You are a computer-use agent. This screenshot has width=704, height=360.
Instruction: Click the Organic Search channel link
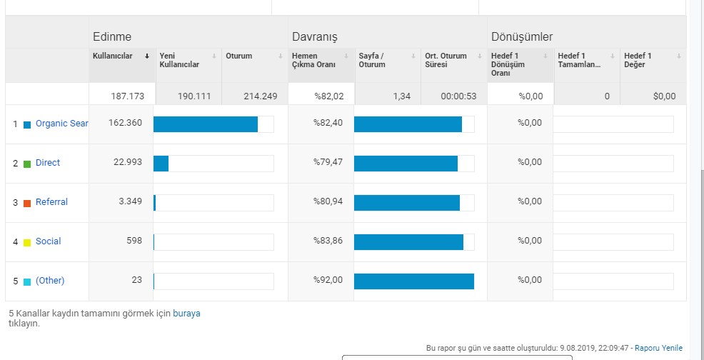tap(62, 124)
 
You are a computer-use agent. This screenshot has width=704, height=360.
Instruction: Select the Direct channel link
tap(48, 163)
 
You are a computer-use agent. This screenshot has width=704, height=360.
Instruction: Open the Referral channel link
tap(51, 202)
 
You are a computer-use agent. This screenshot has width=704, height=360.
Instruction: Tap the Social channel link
tap(48, 241)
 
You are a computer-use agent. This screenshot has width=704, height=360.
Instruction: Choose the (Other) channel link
tap(50, 281)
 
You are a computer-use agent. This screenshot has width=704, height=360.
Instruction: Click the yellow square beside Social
tap(27, 243)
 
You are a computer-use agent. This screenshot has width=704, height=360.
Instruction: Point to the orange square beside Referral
tap(27, 203)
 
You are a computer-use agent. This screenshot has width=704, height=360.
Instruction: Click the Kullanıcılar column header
tap(112, 56)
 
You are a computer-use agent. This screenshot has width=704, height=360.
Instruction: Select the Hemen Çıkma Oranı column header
tap(313, 60)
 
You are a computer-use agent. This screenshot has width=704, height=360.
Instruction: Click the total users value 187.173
tap(128, 96)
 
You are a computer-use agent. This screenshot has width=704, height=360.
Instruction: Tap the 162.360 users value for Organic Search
tap(125, 123)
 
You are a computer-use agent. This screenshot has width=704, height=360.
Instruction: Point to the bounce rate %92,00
tap(328, 280)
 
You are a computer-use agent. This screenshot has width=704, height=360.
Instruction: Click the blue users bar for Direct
tap(161, 163)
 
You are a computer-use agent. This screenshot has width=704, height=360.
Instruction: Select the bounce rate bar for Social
tap(408, 242)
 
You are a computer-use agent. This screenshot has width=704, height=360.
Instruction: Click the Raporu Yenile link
tap(658, 348)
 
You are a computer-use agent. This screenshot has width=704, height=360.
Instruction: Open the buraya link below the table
tap(186, 314)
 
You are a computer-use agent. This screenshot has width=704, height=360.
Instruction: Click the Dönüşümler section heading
tap(522, 37)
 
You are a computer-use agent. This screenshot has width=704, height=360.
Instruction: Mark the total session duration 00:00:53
tap(458, 96)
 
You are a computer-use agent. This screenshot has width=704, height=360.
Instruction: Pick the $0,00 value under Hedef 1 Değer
tap(665, 96)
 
